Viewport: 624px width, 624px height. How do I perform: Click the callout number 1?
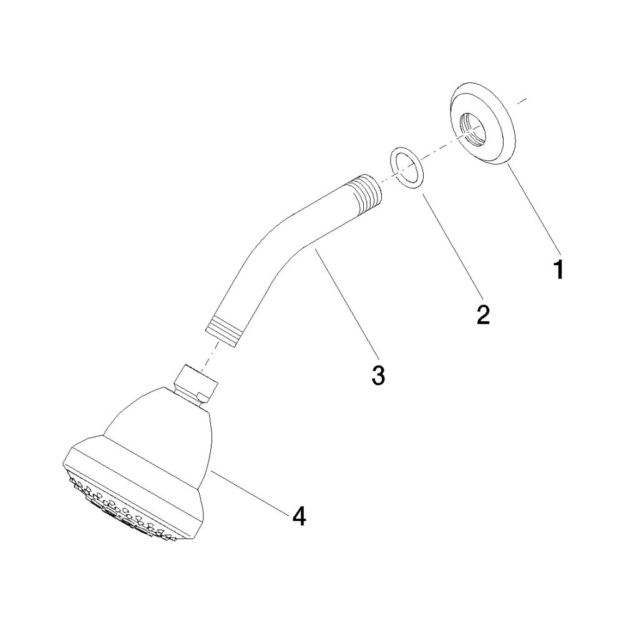pyautogui.click(x=558, y=270)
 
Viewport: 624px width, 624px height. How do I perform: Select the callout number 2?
pyautogui.click(x=483, y=314)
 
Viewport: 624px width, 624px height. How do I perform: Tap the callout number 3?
pyautogui.click(x=378, y=375)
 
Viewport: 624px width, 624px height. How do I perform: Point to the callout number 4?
pyautogui.click(x=299, y=517)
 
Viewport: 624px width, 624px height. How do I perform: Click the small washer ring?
pyautogui.click(x=406, y=167)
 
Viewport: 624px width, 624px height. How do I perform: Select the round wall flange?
pyautogui.click(x=482, y=124)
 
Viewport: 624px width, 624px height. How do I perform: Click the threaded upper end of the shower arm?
pyautogui.click(x=369, y=195)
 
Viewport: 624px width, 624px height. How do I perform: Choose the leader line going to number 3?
pyautogui.click(x=344, y=301)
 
